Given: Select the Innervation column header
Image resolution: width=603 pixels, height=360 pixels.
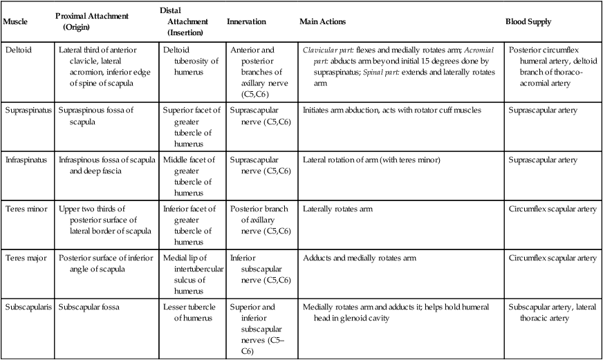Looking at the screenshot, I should click(x=246, y=22).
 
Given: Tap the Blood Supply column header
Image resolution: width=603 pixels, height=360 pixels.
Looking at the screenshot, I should click(x=529, y=22).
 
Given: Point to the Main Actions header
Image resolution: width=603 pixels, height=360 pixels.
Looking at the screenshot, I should click(x=323, y=22).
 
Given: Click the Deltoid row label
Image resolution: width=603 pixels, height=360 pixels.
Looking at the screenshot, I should click(x=18, y=50).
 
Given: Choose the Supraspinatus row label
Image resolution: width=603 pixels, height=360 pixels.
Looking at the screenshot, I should click(x=27, y=111).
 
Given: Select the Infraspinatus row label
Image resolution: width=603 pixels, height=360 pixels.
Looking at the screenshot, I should click(x=26, y=160).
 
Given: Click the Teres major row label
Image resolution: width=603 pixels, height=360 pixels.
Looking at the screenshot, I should click(x=24, y=258).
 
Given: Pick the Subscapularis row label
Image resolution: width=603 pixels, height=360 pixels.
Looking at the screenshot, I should click(x=27, y=307).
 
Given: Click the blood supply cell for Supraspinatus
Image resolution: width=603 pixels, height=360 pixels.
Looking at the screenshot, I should click(x=543, y=111).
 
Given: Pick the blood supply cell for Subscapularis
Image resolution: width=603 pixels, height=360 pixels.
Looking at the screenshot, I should click(x=551, y=312).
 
